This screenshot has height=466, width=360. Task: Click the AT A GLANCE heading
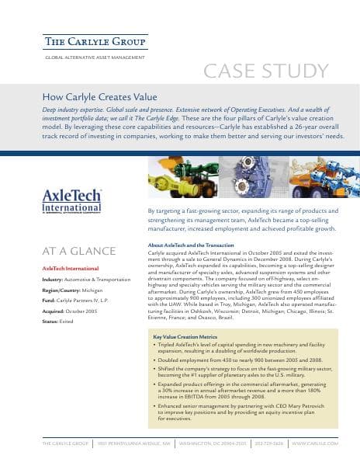[78, 251]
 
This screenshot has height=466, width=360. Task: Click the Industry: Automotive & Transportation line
[87, 278]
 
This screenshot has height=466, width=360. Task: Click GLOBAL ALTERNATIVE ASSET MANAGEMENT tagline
[90, 58]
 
